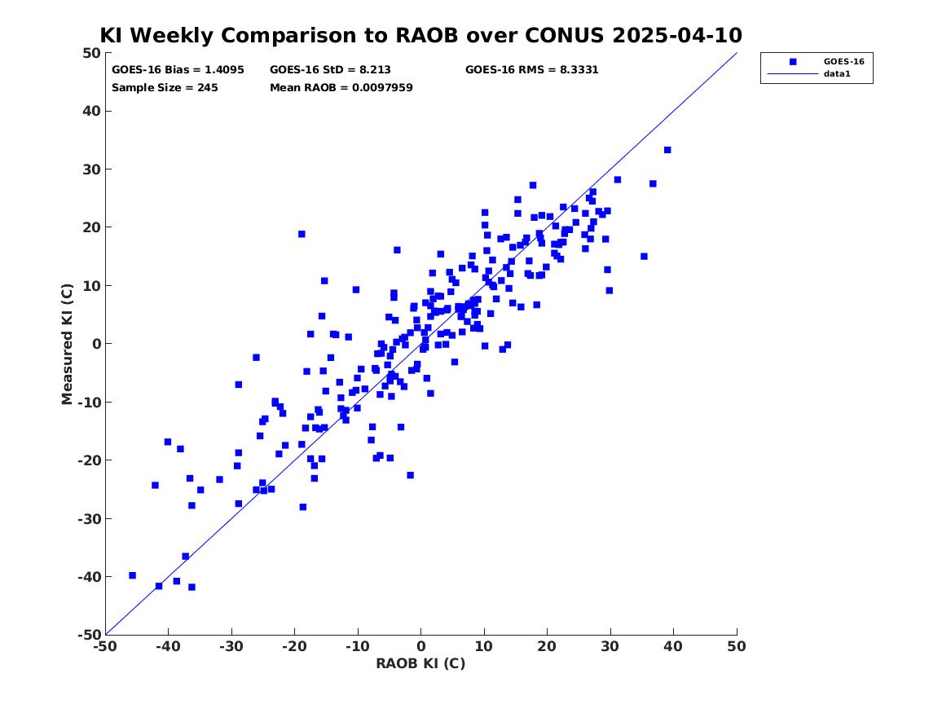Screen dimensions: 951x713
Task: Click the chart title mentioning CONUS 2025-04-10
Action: pos(421,35)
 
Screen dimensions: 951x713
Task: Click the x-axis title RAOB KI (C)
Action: pos(421,663)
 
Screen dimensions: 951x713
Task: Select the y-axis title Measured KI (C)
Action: pos(67,344)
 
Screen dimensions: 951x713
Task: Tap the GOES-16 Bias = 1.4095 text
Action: pos(178,70)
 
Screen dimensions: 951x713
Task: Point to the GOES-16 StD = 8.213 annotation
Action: pos(331,70)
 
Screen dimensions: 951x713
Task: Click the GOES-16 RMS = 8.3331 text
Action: pos(532,70)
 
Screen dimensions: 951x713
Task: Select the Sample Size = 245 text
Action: pos(165,88)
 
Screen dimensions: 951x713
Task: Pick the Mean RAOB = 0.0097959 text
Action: pos(341,88)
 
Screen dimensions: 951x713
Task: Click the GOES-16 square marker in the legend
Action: pos(793,61)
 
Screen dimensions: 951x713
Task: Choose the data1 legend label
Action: pos(837,74)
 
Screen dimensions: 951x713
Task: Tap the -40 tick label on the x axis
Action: pos(168,646)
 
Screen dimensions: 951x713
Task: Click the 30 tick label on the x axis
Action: pos(610,646)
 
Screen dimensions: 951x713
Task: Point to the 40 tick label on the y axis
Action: pos(91,111)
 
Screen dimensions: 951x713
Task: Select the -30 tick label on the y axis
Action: pos(89,518)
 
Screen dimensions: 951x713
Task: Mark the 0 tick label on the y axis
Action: pos(96,344)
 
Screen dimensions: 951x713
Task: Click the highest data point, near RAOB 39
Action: pos(667,150)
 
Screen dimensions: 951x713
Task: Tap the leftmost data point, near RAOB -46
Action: pos(132,575)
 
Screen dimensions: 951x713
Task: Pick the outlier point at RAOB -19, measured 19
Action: pos(302,234)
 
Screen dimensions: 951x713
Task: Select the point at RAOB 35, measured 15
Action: pos(644,257)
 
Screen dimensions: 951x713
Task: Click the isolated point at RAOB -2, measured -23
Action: pos(411,475)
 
